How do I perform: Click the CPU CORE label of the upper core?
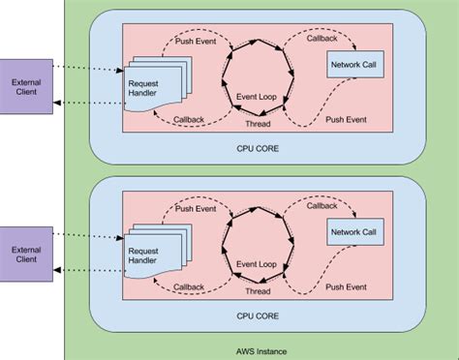tap(258, 150)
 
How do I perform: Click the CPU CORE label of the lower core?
tap(258, 315)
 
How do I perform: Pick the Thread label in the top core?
tap(259, 125)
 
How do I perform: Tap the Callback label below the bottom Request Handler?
tap(189, 286)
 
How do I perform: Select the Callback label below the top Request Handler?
tap(189, 120)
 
